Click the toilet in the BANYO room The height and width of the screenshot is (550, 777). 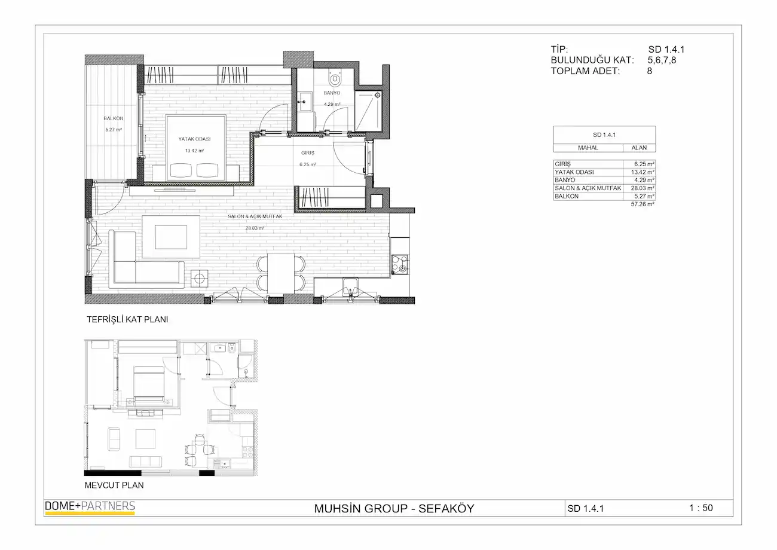tap(335, 79)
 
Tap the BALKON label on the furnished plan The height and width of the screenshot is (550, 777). tap(114, 118)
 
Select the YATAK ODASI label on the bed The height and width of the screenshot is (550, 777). tap(194, 139)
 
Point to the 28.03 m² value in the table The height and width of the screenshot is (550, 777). tap(643, 188)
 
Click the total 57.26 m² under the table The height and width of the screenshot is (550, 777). tap(643, 204)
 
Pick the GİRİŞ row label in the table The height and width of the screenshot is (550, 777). tap(562, 164)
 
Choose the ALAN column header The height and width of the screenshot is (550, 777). tap(639, 148)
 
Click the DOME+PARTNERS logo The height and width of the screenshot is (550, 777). tap(90, 508)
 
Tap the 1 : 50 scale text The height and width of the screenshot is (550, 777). tap(700, 508)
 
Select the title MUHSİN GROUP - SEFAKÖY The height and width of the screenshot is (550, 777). tap(394, 508)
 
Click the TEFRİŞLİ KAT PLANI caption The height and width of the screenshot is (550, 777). tap(127, 319)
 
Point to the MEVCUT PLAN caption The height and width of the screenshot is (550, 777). tap(114, 485)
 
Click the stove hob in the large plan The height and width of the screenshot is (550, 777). tap(400, 264)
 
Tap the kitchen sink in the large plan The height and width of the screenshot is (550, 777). tap(350, 288)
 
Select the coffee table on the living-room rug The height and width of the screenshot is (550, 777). tap(171, 237)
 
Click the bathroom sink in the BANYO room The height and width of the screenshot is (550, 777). tap(305, 101)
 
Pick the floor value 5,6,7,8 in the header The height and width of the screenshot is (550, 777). tap(662, 60)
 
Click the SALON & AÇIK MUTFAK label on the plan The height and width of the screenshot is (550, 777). tap(255, 216)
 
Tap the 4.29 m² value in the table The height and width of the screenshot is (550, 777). tap(644, 180)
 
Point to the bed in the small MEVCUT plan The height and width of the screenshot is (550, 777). tap(149, 383)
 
